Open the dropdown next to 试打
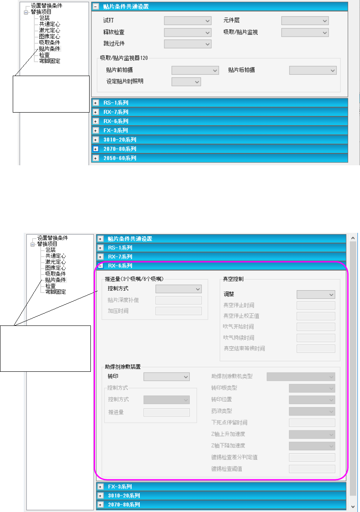(x=188, y=20)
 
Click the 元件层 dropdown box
(x=305, y=20)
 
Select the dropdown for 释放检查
(x=188, y=32)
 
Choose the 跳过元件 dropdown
(x=188, y=43)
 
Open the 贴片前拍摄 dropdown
(x=195, y=70)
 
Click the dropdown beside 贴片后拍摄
(x=313, y=70)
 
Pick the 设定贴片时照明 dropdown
(x=186, y=81)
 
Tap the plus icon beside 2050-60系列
(x=96, y=158)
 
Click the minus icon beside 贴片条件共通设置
(x=96, y=7)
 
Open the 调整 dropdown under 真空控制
(x=316, y=294)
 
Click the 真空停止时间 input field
(x=316, y=305)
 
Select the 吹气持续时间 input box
(x=316, y=338)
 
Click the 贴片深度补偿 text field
(x=178, y=300)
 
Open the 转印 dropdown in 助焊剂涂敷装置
(x=166, y=376)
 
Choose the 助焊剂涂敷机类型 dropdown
(x=301, y=376)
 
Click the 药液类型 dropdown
(x=312, y=411)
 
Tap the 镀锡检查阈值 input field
(x=312, y=469)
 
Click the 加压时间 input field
(x=178, y=311)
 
